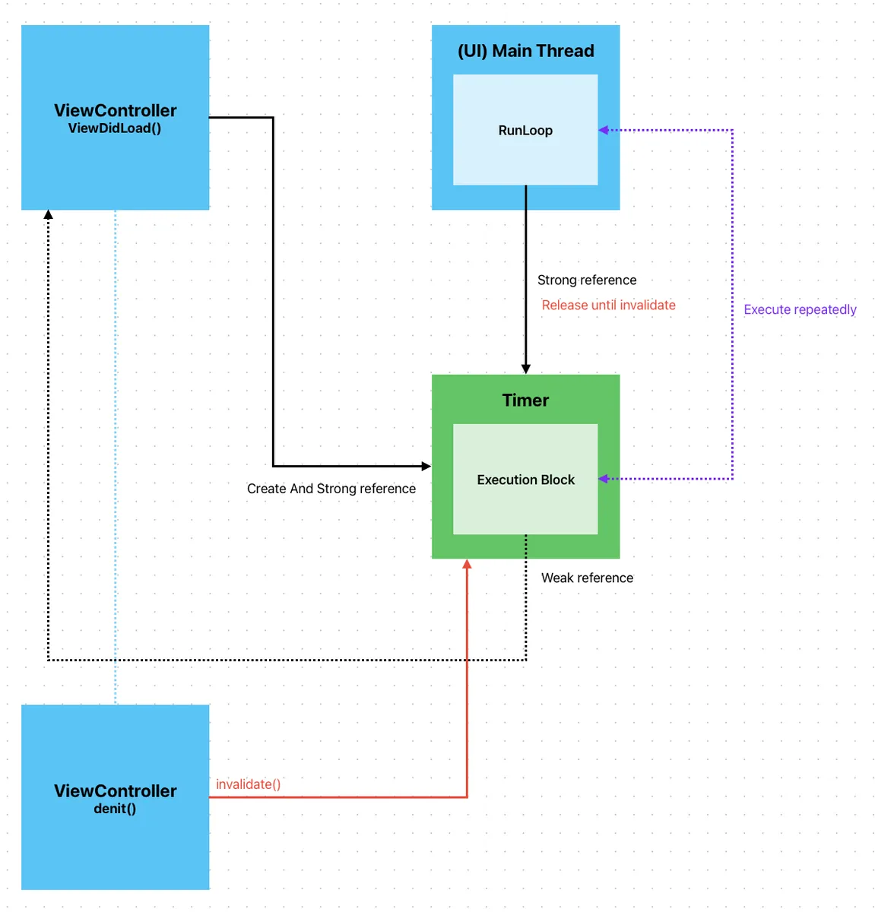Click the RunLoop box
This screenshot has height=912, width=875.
click(x=525, y=130)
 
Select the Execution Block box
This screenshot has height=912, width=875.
click(x=525, y=480)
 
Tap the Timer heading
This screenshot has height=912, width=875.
click(x=525, y=401)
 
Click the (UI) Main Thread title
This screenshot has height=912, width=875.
click(x=525, y=51)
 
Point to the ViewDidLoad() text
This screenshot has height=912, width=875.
click(x=115, y=128)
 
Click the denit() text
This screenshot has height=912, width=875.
click(x=115, y=809)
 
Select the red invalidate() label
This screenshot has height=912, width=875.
click(x=248, y=784)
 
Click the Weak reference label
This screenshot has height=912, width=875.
click(x=587, y=578)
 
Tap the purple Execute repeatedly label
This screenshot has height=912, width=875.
click(x=800, y=309)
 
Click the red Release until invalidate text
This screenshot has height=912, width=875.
click(x=608, y=305)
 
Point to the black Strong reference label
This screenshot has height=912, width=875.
click(x=587, y=280)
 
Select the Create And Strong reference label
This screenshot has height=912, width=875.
click(x=331, y=489)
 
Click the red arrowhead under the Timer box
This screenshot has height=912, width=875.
click(x=467, y=564)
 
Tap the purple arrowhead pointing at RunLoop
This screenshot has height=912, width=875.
click(x=604, y=130)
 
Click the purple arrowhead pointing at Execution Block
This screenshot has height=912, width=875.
click(x=604, y=479)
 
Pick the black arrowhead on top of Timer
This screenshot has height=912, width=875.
click(x=525, y=369)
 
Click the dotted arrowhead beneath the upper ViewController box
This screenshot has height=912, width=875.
click(x=48, y=215)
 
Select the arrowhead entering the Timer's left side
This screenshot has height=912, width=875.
click(x=426, y=466)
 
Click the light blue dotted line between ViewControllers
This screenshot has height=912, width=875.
click(x=116, y=456)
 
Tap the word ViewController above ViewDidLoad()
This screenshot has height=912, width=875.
click(x=115, y=111)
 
